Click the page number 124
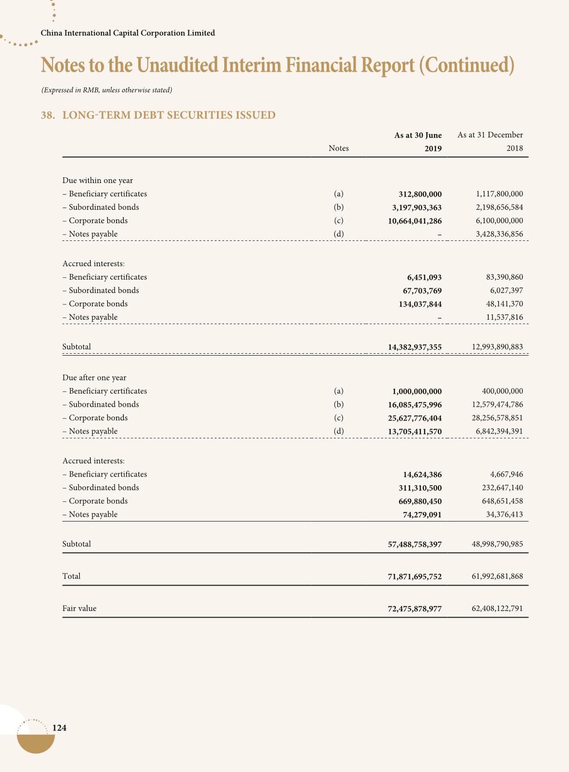pyautogui.click(x=59, y=728)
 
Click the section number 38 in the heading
pyautogui.click(x=47, y=115)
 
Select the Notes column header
pyautogui.click(x=339, y=148)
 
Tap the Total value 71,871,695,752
pyautogui.click(x=415, y=576)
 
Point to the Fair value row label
pyautogui.click(x=79, y=609)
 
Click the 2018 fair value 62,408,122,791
pyautogui.click(x=497, y=609)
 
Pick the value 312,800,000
pyautogui.click(x=420, y=194)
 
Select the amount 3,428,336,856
pyautogui.click(x=497, y=234)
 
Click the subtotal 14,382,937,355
pyautogui.click(x=415, y=347)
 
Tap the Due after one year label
pyautogui.click(x=94, y=378)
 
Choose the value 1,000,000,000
pyautogui.click(x=417, y=391)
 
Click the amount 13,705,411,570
pyautogui.click(x=415, y=432)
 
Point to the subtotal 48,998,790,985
pyautogui.click(x=497, y=544)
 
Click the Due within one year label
pyautogui.click(x=98, y=180)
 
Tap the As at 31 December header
pyautogui.click(x=490, y=135)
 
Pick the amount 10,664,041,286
pyautogui.click(x=415, y=221)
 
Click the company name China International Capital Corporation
pyautogui.click(x=128, y=33)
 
